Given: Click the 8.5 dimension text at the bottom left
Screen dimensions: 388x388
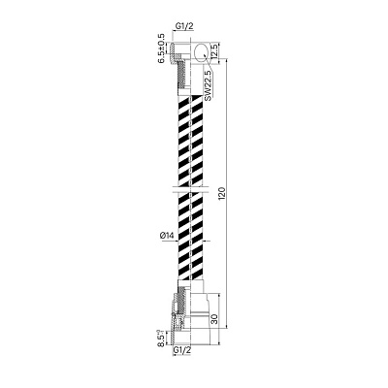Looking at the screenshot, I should pyautogui.click(x=160, y=339).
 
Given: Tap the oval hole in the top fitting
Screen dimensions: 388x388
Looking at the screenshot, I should pyautogui.click(x=200, y=51).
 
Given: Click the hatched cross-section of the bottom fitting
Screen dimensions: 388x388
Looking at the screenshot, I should pyautogui.click(x=181, y=315).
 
